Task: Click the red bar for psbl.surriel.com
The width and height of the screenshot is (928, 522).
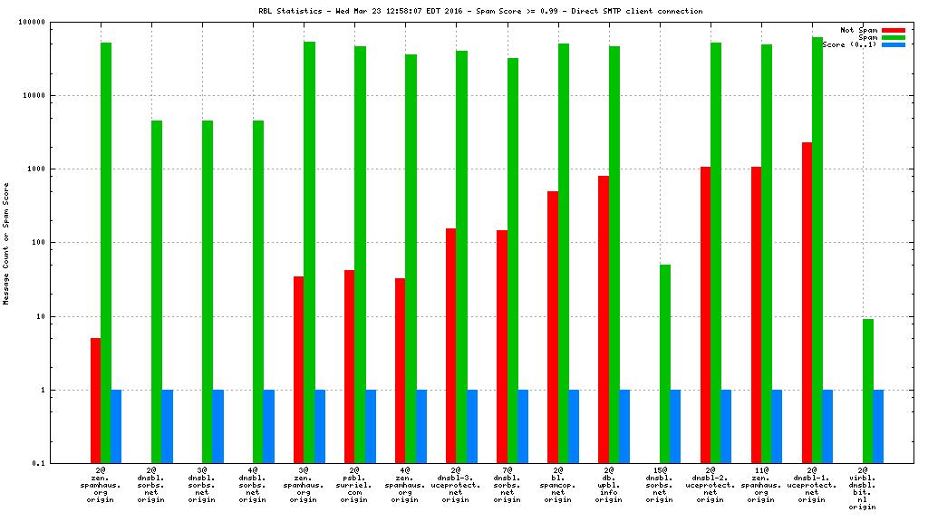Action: (x=350, y=366)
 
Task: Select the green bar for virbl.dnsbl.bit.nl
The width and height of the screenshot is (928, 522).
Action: (x=868, y=391)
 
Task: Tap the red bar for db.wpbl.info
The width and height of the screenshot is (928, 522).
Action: (x=604, y=319)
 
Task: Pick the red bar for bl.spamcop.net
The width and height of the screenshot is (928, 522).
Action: (x=553, y=327)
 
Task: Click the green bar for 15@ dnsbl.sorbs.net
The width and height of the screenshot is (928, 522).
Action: (x=665, y=363)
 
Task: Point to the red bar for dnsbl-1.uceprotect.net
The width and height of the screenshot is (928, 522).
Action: (x=807, y=303)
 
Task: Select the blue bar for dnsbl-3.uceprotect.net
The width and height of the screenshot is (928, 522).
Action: (x=472, y=426)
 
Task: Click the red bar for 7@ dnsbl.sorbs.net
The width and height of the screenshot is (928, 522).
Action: (x=502, y=346)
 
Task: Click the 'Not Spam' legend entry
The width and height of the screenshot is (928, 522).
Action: (x=859, y=30)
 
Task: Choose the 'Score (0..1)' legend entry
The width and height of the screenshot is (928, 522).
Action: (x=849, y=44)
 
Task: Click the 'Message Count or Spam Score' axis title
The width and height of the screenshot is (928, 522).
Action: (x=7, y=243)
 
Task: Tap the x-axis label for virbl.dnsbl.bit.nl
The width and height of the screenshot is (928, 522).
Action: (x=863, y=490)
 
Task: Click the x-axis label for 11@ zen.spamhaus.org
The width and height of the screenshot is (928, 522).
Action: (x=761, y=487)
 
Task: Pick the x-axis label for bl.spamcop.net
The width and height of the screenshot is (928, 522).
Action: (x=558, y=487)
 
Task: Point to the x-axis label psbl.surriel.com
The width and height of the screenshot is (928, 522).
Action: (x=355, y=487)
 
